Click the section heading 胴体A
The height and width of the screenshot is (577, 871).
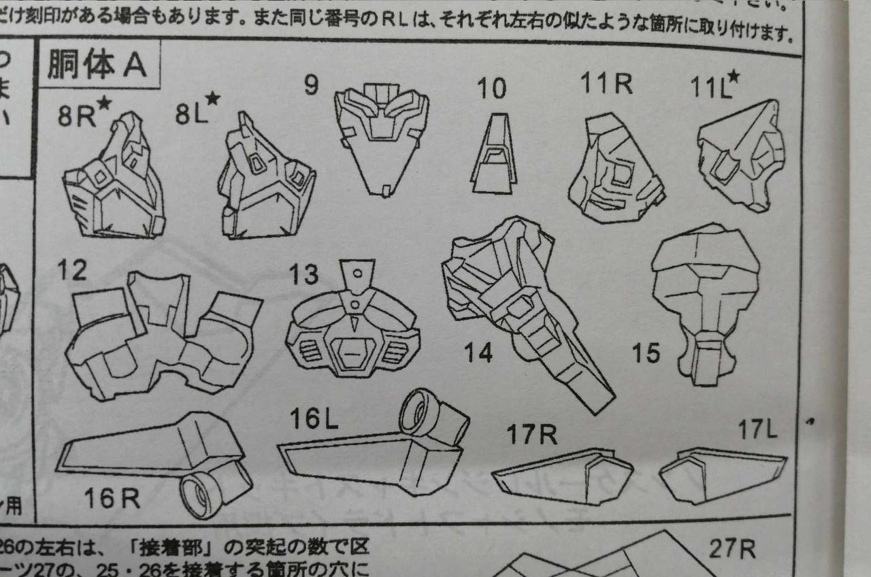pos(97,65)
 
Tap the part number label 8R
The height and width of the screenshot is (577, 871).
pos(76,116)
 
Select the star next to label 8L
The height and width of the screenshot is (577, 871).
pos(212,99)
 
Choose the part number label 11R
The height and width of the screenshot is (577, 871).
pos(606,84)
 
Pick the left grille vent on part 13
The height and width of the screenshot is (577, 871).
pos(311,351)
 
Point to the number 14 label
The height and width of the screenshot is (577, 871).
pos(478,352)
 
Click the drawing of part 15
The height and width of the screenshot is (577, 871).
pos(705,299)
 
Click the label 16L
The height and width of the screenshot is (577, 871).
pos(314,419)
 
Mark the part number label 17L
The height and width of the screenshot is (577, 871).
pos(757,429)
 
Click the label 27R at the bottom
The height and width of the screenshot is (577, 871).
pos(732,548)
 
